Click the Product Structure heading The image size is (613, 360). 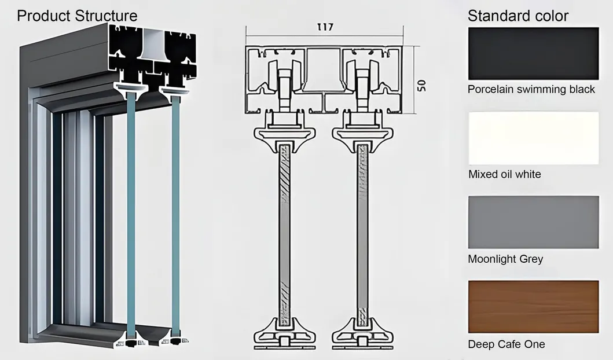(x=77, y=15)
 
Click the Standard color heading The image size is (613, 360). (x=517, y=16)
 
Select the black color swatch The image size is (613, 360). (x=533, y=53)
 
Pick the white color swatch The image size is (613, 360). (x=533, y=138)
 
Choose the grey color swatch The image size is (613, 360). (x=533, y=222)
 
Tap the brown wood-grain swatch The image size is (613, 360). (x=533, y=306)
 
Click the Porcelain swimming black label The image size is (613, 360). (x=531, y=89)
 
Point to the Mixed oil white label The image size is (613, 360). (x=504, y=174)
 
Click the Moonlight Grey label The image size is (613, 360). (x=505, y=259)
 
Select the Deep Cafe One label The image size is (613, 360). (x=506, y=344)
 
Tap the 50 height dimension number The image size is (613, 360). (x=421, y=85)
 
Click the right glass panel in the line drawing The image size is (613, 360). (x=362, y=232)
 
